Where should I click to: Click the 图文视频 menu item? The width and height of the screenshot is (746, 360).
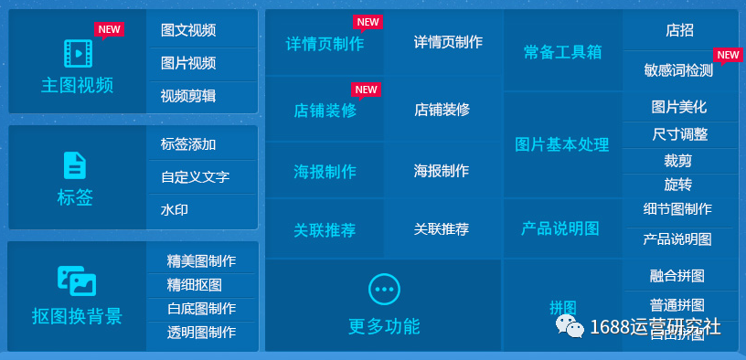click(188, 30)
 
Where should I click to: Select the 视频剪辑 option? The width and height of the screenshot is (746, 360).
click(188, 96)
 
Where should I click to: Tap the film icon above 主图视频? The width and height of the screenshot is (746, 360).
click(78, 54)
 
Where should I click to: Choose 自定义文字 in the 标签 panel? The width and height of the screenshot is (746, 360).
click(195, 176)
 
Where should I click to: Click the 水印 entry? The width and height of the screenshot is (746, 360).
click(175, 209)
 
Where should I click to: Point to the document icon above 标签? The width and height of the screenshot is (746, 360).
click(75, 165)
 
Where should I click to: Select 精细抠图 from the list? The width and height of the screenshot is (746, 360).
click(195, 284)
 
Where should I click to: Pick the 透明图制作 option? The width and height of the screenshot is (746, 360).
click(201, 332)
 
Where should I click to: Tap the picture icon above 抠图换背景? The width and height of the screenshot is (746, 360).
click(77, 281)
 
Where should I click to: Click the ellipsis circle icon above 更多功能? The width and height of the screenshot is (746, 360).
click(384, 289)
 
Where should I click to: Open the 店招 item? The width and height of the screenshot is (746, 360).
click(679, 30)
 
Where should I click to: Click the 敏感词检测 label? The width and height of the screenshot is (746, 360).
click(678, 70)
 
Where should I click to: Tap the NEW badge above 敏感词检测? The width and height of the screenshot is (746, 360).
click(728, 55)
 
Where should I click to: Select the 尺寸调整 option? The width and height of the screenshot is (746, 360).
click(679, 134)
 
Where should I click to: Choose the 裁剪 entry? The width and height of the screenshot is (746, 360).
click(678, 160)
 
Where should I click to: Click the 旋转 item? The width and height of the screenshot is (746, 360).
click(678, 185)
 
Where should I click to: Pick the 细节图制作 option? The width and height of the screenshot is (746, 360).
click(677, 209)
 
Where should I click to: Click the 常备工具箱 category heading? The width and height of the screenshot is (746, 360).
click(562, 52)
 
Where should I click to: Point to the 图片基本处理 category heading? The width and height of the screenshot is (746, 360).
click(562, 144)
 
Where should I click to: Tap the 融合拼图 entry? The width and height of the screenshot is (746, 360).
click(677, 276)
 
